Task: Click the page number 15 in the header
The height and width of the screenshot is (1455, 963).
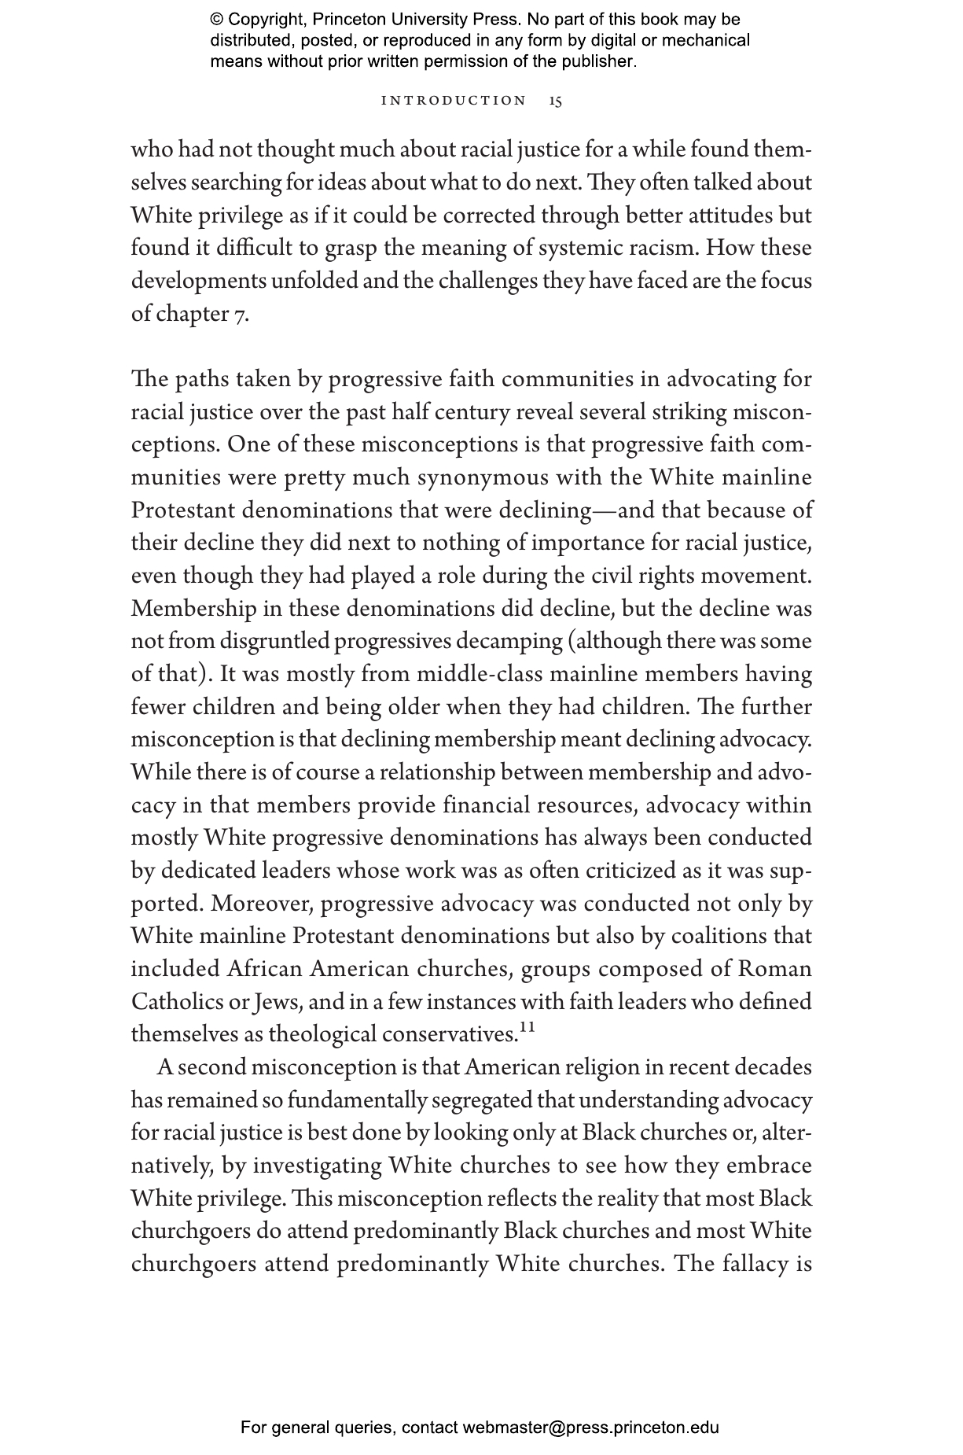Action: point(556,101)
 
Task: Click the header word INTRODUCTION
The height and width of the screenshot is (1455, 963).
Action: point(454,101)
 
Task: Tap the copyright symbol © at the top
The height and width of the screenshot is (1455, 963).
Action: point(216,20)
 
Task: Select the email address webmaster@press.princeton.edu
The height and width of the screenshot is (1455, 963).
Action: point(590,1427)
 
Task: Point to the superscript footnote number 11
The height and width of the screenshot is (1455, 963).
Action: point(527,1027)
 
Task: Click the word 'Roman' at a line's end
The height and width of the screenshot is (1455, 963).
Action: point(775,969)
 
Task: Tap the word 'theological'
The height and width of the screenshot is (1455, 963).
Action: point(322,1034)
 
